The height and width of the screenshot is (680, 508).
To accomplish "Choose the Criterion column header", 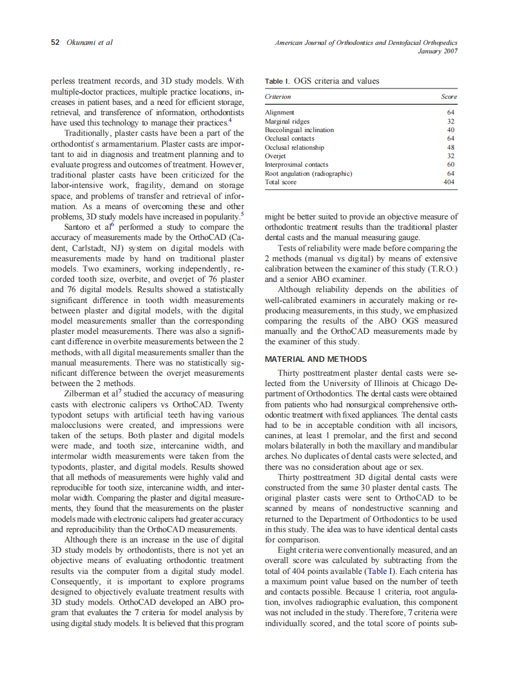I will coord(278,96).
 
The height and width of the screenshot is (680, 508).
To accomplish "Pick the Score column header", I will coord(449,96).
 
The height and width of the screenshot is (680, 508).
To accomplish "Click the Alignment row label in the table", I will coord(279,112).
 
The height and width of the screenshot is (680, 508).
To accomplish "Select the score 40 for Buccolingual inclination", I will coord(450,130).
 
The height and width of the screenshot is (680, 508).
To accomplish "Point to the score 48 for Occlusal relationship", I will coord(450,147).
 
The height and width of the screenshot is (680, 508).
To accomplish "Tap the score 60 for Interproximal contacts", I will coord(450,165).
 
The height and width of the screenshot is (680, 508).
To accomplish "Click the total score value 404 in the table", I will coord(449,182).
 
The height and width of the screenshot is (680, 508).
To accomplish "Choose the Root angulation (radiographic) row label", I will coord(309,173).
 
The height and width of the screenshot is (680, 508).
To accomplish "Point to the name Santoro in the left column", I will coord(81,228).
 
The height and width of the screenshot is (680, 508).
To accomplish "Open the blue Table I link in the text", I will coord(381,572).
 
